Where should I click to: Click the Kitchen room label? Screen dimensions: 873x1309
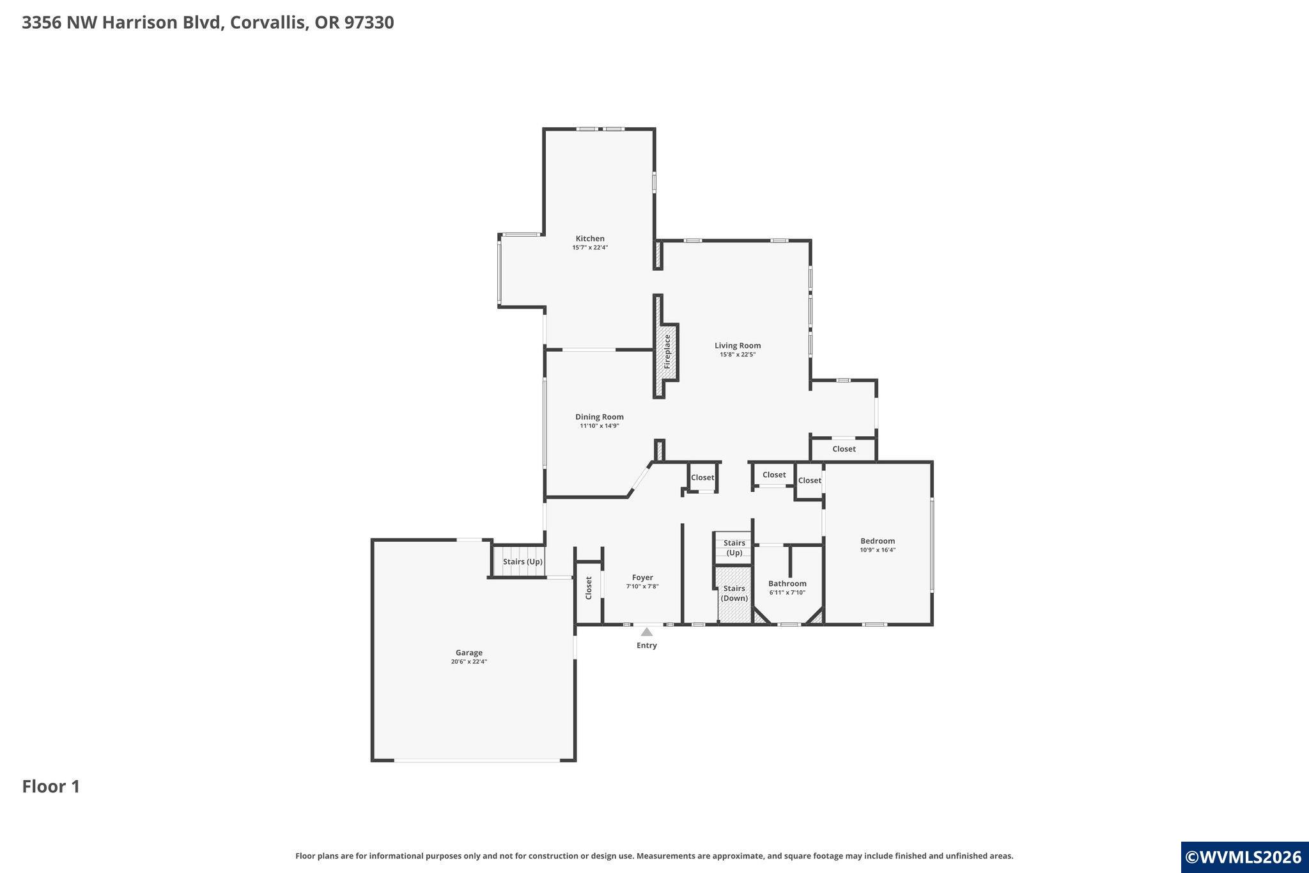[x=589, y=239]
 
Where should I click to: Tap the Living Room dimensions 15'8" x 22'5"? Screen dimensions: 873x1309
[x=738, y=354]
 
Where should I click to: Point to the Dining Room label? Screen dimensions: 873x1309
[x=599, y=417]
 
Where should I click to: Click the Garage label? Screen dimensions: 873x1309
[x=469, y=653]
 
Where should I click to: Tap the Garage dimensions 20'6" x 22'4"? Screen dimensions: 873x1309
[x=469, y=662]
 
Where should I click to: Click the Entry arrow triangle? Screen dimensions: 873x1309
[x=646, y=632]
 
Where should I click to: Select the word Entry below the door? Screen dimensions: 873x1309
[x=646, y=645]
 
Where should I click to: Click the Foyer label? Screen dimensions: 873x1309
[x=642, y=578]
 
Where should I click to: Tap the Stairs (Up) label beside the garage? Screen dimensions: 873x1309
[x=522, y=562]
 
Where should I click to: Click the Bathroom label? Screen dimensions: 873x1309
[x=787, y=583]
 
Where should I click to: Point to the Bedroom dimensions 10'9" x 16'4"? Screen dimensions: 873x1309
[x=877, y=550]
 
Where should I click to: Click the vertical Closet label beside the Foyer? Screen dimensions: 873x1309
[x=589, y=588]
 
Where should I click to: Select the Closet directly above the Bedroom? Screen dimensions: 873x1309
[x=843, y=449]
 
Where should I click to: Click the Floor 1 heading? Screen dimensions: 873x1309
[x=51, y=787]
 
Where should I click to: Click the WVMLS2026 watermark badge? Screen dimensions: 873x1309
[x=1244, y=857]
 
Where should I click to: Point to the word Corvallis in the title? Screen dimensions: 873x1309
[x=269, y=22]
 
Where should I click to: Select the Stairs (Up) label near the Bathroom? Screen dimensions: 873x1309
[x=734, y=547]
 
